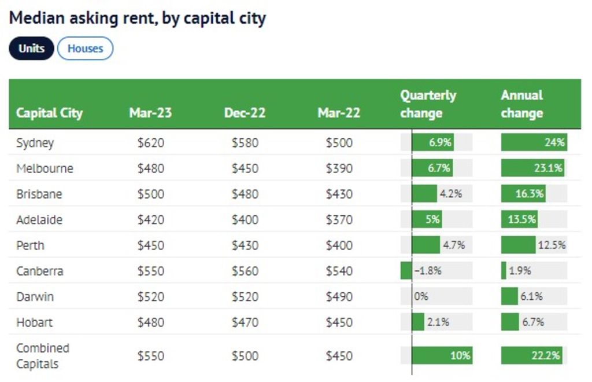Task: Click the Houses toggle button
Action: (85, 49)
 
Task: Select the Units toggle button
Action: (31, 49)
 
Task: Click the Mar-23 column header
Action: (150, 112)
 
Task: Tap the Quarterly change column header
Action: (428, 104)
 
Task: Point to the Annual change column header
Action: (521, 104)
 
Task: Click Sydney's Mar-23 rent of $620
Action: (150, 142)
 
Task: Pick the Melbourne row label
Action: (45, 168)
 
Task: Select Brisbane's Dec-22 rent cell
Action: (245, 194)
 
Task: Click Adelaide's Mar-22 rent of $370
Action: (338, 220)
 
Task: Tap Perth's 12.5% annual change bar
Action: (519, 245)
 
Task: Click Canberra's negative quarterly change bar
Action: (406, 270)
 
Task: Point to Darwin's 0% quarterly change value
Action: (421, 296)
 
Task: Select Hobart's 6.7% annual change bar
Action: (510, 322)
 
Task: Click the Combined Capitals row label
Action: (43, 356)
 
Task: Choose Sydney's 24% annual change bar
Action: (534, 142)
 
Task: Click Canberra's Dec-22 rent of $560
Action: (245, 271)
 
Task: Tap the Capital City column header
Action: (49, 112)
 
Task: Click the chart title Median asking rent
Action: (138, 18)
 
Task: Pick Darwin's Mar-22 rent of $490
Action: (338, 296)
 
